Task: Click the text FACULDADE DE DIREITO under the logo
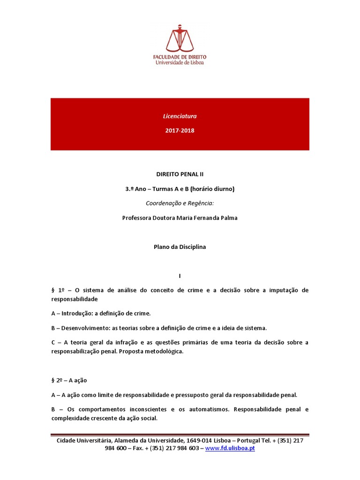180,57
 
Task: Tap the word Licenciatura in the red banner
180,116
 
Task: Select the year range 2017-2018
180,130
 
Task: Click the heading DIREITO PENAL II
180,174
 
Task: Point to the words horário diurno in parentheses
212,189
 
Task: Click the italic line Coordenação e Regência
180,203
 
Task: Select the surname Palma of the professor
228,218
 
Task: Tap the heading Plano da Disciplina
180,247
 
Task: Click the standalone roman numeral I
180,276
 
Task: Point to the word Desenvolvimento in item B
92,328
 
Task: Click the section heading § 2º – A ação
69,380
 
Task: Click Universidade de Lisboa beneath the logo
180,62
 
